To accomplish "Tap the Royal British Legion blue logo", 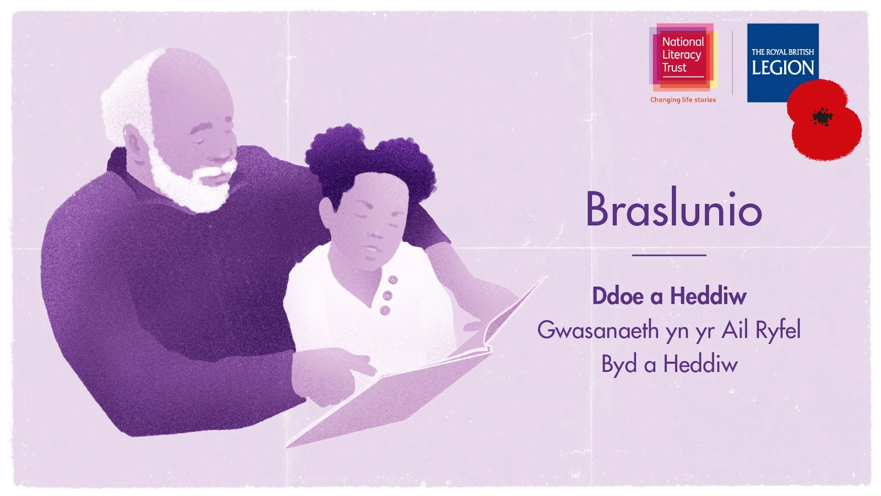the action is coord(782,63).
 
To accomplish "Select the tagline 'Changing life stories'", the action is coord(683,100).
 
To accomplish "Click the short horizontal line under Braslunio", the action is coord(669,256).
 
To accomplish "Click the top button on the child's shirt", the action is coord(393,280).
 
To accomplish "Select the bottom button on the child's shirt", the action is coord(385,311).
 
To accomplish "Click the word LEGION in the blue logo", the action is coord(782,68).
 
